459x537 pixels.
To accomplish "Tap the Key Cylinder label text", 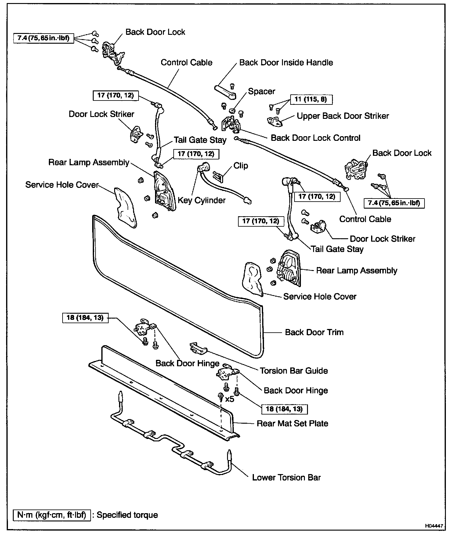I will [201, 200].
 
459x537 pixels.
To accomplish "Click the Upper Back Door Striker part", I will [275, 121].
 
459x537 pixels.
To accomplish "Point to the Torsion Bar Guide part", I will [198, 348].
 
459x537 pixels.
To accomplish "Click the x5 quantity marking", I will [229, 399].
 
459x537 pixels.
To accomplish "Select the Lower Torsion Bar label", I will [286, 477].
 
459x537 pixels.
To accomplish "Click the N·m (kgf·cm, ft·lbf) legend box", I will [52, 515].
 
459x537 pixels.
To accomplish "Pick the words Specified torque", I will [127, 515].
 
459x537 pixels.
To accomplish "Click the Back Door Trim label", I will [314, 332].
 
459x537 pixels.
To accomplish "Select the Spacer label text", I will [262, 91].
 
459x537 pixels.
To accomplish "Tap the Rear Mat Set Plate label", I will [292, 423].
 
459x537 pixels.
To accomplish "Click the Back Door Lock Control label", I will [316, 138].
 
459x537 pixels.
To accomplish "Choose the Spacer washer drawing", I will [233, 110].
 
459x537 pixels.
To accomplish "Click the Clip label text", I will [241, 166].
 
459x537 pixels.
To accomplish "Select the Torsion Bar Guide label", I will [294, 371].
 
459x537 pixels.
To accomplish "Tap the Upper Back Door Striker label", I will [343, 116].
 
